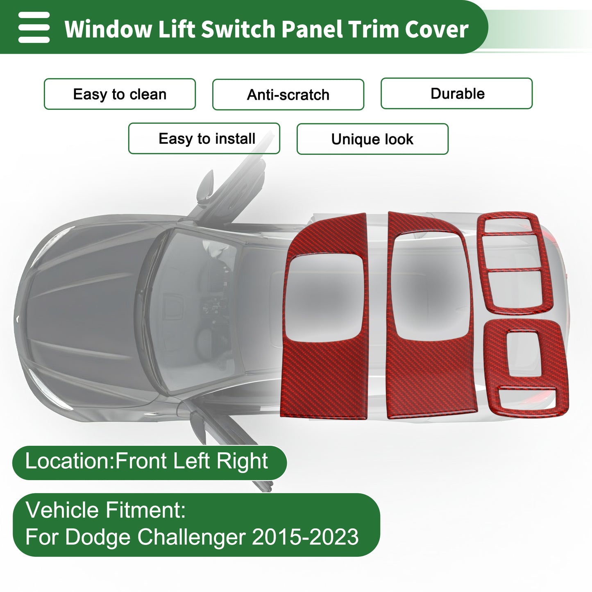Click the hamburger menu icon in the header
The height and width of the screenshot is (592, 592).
pos(34,27)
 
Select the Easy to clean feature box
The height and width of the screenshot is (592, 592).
pos(120,94)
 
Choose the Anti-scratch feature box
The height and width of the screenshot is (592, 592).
pos(288,95)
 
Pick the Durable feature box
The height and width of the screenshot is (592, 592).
pos(456,93)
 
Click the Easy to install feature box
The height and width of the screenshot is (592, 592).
pos(204,138)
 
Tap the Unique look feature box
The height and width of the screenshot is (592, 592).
pos(372,139)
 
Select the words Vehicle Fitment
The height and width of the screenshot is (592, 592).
pos(106,510)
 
